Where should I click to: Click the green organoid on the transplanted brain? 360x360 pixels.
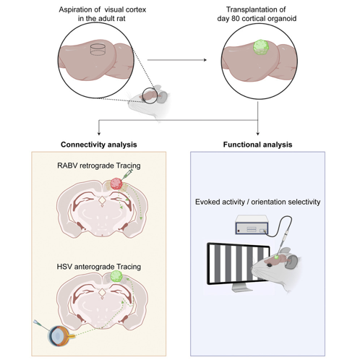(x=261, y=48)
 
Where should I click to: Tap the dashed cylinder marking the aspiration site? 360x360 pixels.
(x=98, y=49)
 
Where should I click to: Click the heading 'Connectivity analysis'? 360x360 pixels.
(x=99, y=145)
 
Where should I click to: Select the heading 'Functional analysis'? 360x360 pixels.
(x=257, y=145)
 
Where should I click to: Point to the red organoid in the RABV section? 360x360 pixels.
(x=116, y=184)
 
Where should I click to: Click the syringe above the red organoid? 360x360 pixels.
(x=128, y=174)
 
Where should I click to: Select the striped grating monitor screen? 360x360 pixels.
(x=238, y=263)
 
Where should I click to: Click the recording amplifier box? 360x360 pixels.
(x=252, y=225)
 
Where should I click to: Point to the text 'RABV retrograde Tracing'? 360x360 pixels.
(x=99, y=166)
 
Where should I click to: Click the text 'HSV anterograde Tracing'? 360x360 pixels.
(x=99, y=267)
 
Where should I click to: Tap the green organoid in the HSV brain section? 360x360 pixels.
(x=116, y=276)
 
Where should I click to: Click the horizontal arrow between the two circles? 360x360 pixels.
(x=177, y=60)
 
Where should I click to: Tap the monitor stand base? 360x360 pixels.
(x=240, y=288)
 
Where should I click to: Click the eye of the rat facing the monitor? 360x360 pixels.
(x=269, y=265)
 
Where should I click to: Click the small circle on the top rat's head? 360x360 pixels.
(x=150, y=96)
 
